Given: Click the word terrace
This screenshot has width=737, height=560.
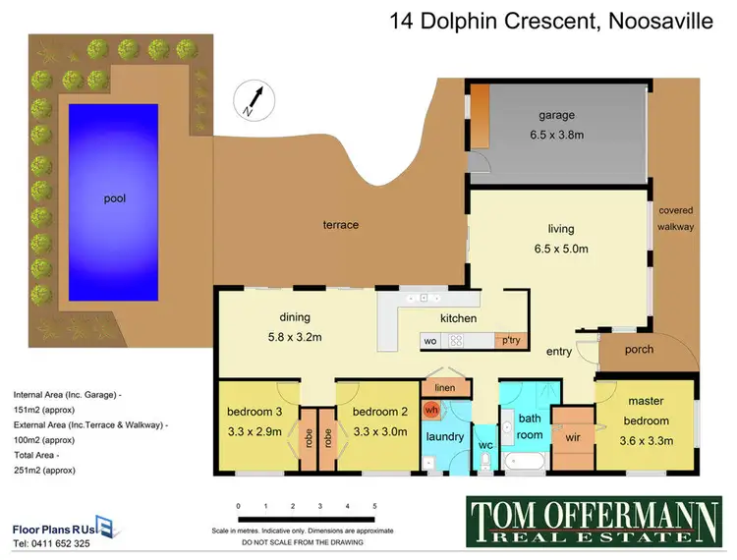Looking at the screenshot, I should click(340, 225).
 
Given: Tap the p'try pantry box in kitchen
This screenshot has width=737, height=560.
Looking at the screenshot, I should click(510, 341).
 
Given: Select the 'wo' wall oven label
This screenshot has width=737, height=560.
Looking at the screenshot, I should click(430, 341).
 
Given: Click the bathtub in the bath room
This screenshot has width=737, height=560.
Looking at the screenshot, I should click(520, 460).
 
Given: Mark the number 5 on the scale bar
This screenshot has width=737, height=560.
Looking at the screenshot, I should click(374, 506).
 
